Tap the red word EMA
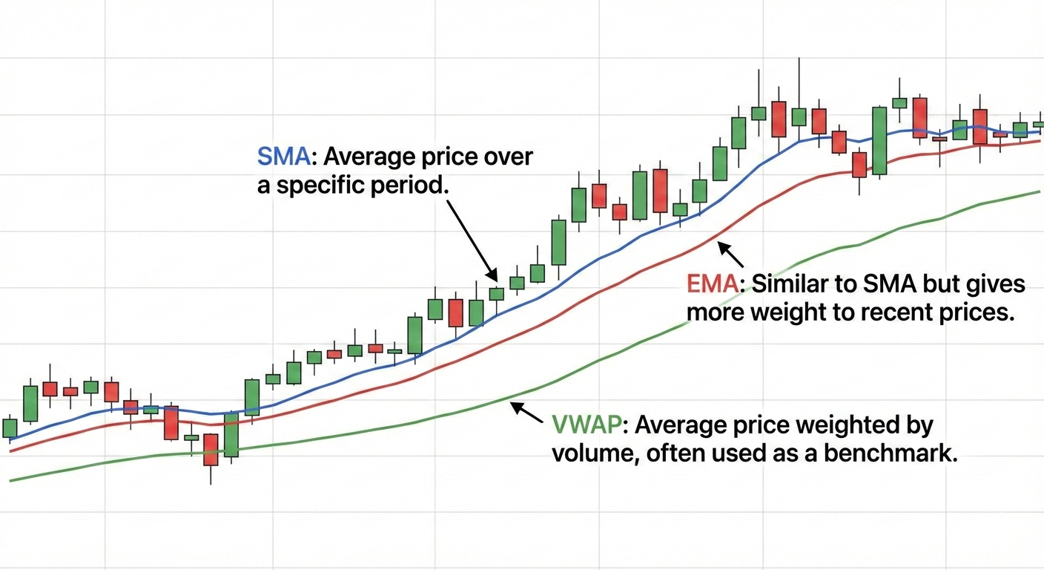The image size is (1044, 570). tap(710, 284)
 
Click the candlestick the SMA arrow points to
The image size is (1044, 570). tap(496, 294)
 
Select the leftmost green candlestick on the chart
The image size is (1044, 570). tap(10, 428)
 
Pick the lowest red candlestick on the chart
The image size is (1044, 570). tap(211, 450)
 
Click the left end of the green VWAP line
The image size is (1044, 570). tap(10, 480)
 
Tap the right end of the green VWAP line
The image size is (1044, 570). tap(1039, 191)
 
